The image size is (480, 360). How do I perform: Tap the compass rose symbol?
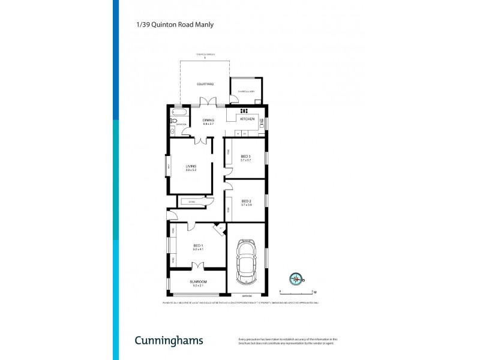[x=296, y=278]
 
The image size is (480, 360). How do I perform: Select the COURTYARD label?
[x=205, y=84]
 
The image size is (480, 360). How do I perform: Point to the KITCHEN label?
[x=248, y=119]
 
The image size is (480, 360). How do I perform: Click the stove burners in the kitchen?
[x=245, y=111]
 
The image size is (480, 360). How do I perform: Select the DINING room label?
[x=208, y=120]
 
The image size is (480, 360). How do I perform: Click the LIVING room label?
[x=191, y=166]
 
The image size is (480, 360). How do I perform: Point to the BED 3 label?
[x=245, y=157]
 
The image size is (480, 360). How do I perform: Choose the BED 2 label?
[x=246, y=201]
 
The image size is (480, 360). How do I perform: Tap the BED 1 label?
[x=198, y=245]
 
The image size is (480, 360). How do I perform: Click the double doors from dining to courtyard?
[x=208, y=102]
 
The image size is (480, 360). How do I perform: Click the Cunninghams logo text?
[x=168, y=341]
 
